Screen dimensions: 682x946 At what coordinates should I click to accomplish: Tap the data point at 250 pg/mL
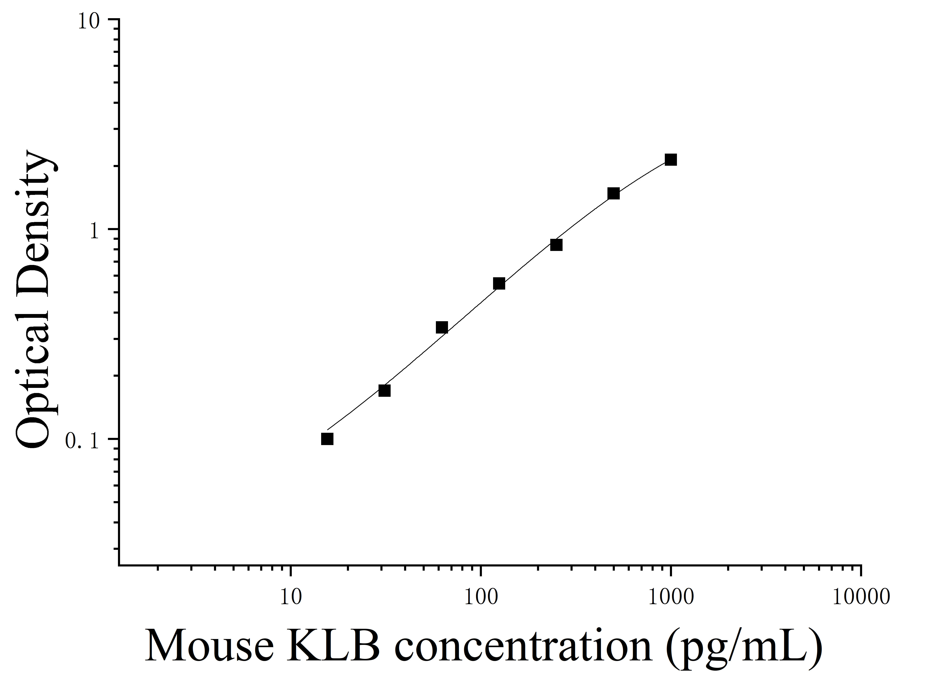556,245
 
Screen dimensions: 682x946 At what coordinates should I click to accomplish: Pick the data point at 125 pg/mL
499,284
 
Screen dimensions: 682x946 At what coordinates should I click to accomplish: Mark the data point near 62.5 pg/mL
442,327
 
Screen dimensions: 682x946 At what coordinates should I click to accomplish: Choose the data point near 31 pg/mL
385,390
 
